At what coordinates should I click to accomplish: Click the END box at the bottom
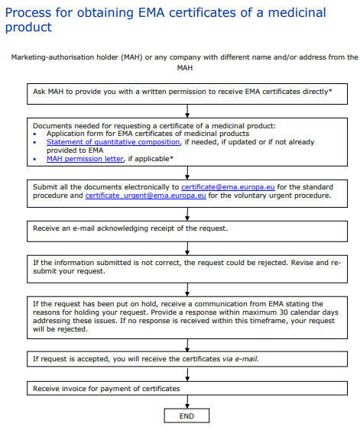tap(186, 416)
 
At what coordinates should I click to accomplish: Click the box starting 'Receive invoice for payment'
tap(186, 389)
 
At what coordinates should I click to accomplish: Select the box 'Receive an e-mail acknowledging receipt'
tap(186, 228)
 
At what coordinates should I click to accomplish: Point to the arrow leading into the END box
tap(186, 402)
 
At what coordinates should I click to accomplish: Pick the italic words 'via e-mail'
tap(242, 357)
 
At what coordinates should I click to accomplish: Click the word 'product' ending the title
tap(28, 27)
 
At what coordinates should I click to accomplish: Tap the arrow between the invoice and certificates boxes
tap(186, 374)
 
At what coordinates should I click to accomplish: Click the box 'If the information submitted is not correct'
tap(186, 267)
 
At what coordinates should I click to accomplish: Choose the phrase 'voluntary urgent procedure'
tap(294, 195)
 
